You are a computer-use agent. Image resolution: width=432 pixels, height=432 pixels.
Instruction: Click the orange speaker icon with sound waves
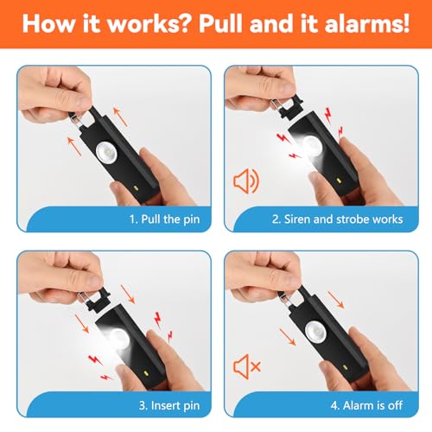245,182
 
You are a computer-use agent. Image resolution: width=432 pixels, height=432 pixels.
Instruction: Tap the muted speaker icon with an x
246,366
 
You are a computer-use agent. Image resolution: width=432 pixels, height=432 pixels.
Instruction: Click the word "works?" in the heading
147,23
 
